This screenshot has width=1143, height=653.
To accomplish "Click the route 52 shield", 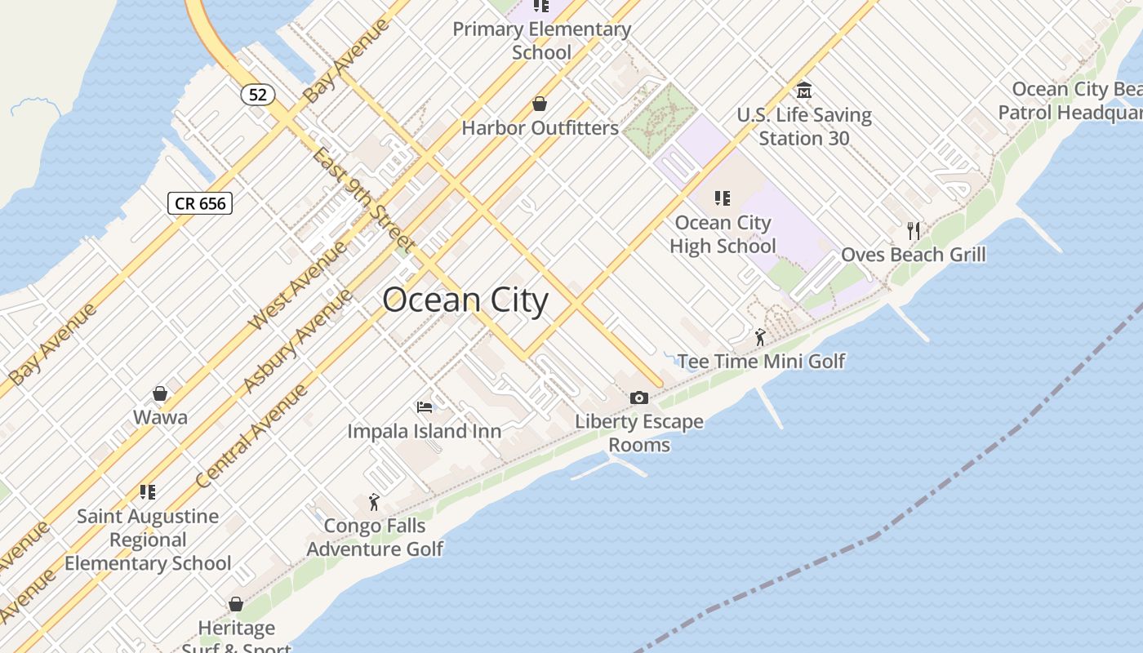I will (257, 94).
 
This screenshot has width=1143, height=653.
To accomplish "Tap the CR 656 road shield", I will (200, 203).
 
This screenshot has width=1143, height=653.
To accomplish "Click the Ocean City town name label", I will (465, 300).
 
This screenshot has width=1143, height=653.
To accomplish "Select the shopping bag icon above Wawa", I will (161, 393).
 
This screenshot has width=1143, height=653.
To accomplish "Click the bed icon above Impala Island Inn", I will (425, 406).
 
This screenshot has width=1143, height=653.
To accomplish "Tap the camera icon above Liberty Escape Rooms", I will (639, 398).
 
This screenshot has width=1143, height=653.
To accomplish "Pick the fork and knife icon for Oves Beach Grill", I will (914, 230).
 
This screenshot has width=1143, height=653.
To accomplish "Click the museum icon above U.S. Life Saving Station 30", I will (804, 90).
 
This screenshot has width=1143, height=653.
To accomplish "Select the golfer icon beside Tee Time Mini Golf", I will (760, 336).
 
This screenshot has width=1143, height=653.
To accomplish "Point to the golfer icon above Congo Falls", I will (375, 501).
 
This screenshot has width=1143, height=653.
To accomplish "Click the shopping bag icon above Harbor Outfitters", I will (540, 104).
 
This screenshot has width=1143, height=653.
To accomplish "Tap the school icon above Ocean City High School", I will (722, 198).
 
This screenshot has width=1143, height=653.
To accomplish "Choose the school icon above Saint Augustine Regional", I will (148, 491).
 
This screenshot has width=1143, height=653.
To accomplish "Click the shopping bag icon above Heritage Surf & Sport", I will (236, 604).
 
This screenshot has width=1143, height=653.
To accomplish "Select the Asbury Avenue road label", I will (298, 340).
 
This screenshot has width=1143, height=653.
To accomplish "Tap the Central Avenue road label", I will (251, 436).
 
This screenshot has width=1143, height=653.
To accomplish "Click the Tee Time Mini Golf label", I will (761, 361).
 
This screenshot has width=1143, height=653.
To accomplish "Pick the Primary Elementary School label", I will (541, 41).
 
